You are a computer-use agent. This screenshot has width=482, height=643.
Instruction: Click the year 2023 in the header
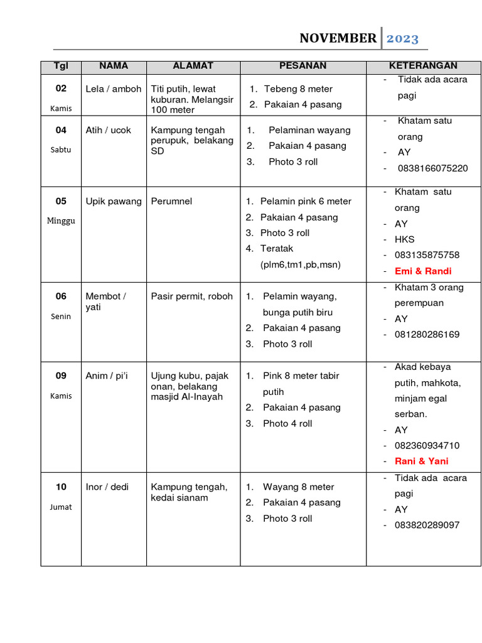[402, 38]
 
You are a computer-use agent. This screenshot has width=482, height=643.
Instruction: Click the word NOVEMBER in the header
[338, 38]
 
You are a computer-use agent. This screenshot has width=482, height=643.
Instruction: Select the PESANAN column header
[303, 66]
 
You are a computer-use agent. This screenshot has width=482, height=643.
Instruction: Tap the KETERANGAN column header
[423, 66]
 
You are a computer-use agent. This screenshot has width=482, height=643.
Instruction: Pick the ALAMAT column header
[193, 66]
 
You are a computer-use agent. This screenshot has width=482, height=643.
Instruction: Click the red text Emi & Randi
[423, 271]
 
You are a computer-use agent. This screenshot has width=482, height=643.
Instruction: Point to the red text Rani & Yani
[421, 461]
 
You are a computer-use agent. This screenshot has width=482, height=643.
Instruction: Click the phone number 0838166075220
[432, 168]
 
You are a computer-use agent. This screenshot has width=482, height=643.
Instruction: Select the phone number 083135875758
[427, 255]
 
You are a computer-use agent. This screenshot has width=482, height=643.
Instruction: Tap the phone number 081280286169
[427, 335]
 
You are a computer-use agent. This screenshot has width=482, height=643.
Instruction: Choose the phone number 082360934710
[427, 446]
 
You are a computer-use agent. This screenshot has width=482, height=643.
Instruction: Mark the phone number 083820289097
[427, 525]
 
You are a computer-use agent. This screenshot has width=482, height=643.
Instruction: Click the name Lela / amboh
[114, 89]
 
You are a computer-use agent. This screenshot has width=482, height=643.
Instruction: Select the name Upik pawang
[114, 202]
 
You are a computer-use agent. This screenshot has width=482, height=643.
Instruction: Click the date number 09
[61, 376]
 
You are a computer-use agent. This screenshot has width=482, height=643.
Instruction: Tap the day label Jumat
[61, 507]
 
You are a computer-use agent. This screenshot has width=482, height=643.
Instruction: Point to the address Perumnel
[171, 202]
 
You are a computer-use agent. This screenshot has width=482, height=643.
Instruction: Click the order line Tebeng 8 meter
[298, 89]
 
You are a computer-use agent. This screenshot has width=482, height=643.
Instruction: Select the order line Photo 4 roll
[287, 424]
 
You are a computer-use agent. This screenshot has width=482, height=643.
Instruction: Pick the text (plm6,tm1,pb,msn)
[300, 264]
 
